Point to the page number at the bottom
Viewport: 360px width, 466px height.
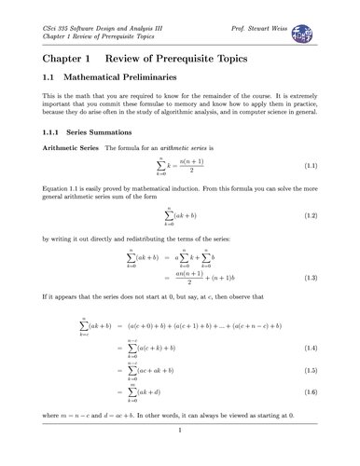click(179, 430)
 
